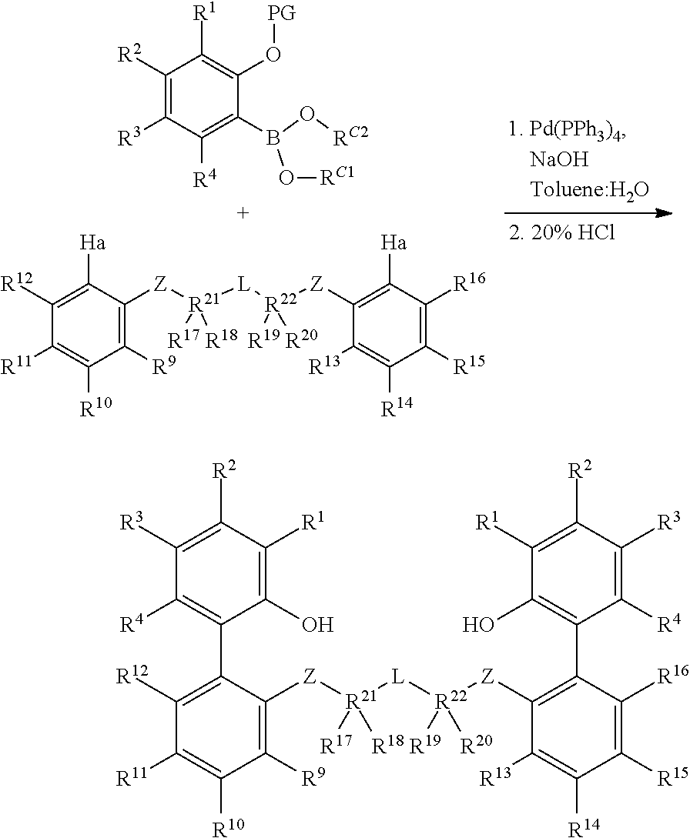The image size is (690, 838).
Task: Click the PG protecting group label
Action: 282,14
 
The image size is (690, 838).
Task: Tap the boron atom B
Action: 274,139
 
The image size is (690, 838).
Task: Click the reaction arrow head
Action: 664,213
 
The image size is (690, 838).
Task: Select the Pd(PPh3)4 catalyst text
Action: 568,131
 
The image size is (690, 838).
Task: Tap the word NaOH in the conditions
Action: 559,159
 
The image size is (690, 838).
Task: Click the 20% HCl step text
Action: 561,234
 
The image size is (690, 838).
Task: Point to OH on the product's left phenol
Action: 318,624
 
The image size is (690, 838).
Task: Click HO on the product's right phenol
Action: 478,624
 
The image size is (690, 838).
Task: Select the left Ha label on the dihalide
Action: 93,244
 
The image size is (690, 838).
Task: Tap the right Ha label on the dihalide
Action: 394,244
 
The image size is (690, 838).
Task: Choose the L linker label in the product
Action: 397,678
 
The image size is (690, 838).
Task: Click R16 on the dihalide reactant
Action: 470,282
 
